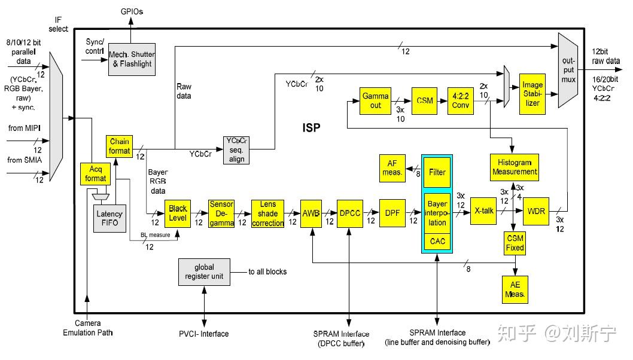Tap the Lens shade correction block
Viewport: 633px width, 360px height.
click(x=267, y=213)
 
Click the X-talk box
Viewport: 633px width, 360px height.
click(x=483, y=212)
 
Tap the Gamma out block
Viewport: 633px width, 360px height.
click(x=375, y=100)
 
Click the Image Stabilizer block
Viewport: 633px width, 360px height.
click(x=532, y=94)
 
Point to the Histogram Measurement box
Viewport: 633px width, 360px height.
click(x=514, y=167)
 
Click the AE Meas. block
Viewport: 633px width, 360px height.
click(x=515, y=290)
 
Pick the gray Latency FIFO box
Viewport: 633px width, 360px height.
click(x=109, y=218)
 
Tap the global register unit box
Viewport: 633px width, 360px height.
click(x=204, y=272)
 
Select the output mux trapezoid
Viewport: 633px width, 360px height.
click(x=567, y=71)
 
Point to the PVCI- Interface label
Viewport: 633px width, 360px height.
click(x=203, y=334)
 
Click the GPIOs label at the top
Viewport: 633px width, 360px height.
click(x=132, y=11)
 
